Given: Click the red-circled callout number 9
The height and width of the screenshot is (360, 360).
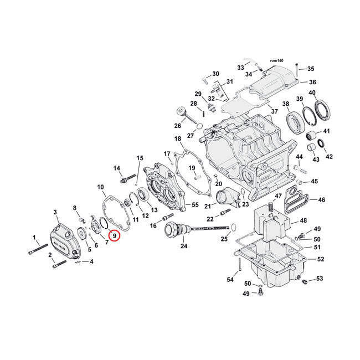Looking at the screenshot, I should pyautogui.click(x=114, y=235).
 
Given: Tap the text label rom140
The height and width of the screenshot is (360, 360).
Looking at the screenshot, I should pyautogui.click(x=276, y=60).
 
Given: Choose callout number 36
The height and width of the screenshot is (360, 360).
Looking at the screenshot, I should pyautogui.click(x=312, y=82).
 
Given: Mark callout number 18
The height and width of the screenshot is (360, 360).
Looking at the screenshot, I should pyautogui.click(x=178, y=138).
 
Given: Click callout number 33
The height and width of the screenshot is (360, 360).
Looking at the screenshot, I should pyautogui.click(x=240, y=68).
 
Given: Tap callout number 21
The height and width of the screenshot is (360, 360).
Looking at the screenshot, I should pyautogui.click(x=207, y=206).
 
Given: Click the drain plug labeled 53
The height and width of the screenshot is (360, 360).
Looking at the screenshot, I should pyautogui.click(x=304, y=283).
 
